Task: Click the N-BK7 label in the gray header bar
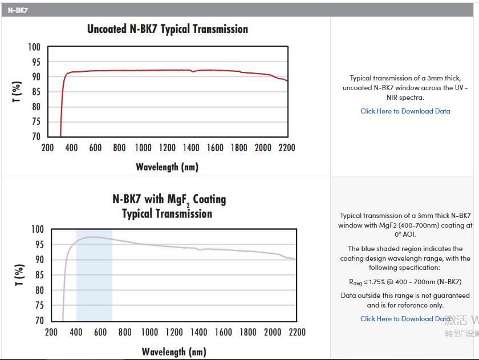(18, 10)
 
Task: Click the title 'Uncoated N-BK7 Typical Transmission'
(168, 29)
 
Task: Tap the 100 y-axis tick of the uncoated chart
(34, 47)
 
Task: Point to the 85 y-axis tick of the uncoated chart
(36, 92)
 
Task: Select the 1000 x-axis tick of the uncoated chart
(143, 148)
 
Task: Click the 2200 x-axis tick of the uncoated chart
(287, 148)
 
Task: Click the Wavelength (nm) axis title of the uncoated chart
(167, 167)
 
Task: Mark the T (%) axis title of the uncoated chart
(17, 92)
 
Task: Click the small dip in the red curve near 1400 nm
(193, 71)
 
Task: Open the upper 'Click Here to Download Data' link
(405, 111)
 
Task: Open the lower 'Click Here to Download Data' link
(405, 319)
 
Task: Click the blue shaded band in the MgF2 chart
(94, 275)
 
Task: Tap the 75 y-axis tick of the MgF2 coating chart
(40, 305)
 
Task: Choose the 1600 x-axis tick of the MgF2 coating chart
(224, 332)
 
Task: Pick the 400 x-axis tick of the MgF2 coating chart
(76, 332)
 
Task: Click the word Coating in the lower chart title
(210, 199)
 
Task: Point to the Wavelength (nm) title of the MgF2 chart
(174, 352)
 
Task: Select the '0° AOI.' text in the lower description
(405, 234)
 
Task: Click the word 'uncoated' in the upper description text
(357, 88)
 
